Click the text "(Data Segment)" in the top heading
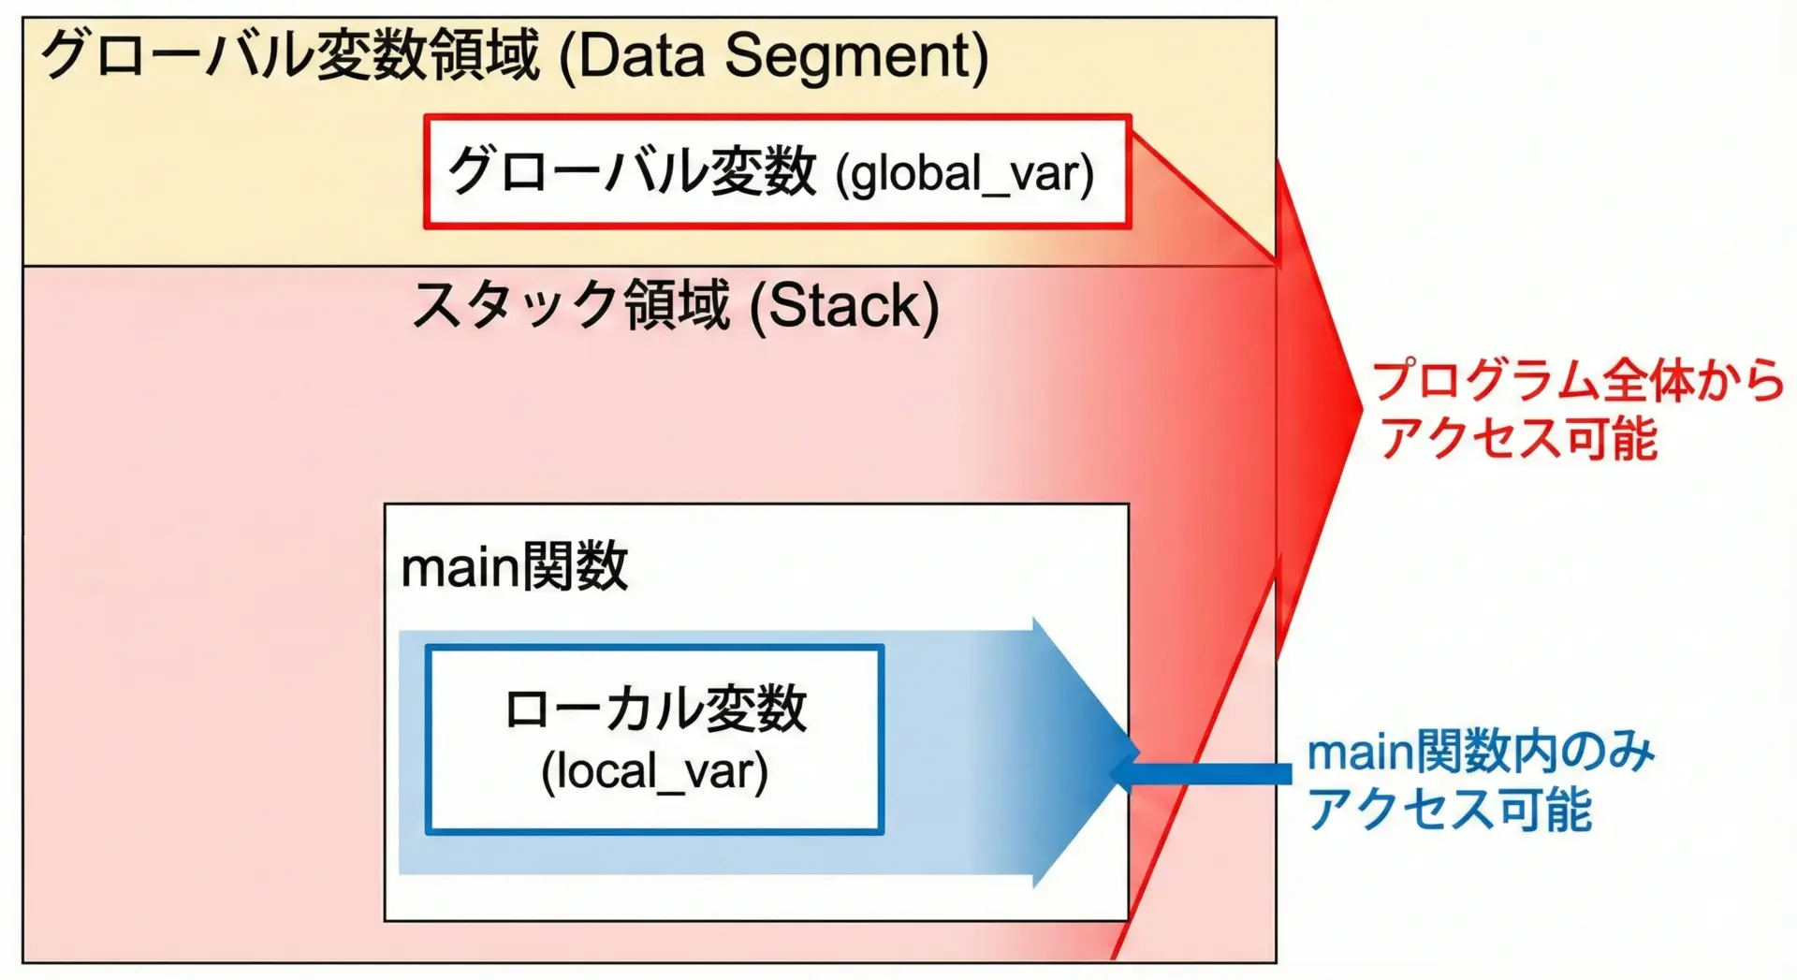[x=773, y=56]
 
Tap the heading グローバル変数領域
[x=290, y=54]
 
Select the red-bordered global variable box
[x=777, y=171]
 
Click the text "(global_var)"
[x=964, y=174]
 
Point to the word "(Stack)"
[x=844, y=307]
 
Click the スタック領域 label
[x=571, y=305]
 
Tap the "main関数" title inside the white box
[x=514, y=567]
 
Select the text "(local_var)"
[x=654, y=772]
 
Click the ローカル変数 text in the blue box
[x=654, y=709]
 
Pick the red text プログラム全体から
[x=1578, y=381]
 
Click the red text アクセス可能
[x=1519, y=437]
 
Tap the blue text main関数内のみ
[x=1481, y=753]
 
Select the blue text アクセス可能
[x=1449, y=809]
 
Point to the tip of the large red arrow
[x=1362, y=405]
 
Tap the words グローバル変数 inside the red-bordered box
[x=632, y=172]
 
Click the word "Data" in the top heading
[x=641, y=55]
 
